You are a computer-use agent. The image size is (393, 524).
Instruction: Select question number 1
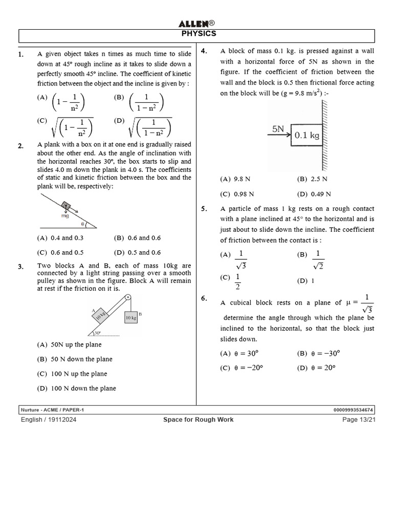coord(21,54)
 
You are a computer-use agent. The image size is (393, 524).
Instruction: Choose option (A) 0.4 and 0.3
coord(60,238)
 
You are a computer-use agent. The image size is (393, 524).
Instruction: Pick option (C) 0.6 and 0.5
coord(60,252)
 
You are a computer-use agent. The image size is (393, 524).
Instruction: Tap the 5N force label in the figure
coord(278,129)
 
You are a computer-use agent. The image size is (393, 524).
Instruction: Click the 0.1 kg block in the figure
coord(307,135)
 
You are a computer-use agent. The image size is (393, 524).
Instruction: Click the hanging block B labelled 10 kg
coord(130,318)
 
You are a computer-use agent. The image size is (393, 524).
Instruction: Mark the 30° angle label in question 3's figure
coord(97,333)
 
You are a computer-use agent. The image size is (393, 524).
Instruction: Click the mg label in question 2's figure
coord(64,216)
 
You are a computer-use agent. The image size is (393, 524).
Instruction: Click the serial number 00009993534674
coord(353,410)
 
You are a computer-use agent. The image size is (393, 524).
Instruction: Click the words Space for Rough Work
coord(198,420)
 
